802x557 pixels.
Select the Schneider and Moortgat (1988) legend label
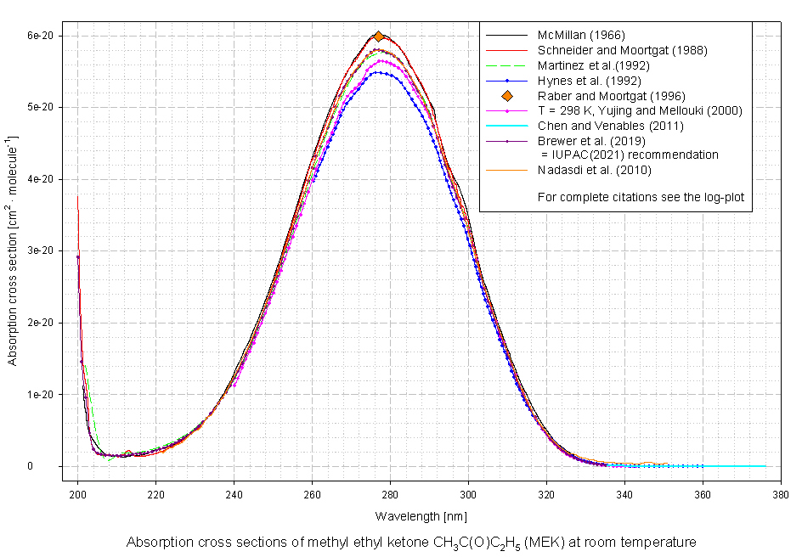tap(622, 50)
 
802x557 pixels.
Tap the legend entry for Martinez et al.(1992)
tap(594, 65)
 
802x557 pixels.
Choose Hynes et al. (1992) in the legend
tap(589, 81)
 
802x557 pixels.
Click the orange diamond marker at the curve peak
tap(379, 37)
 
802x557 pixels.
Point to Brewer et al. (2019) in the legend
tap(591, 141)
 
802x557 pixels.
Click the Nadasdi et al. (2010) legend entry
tap(594, 171)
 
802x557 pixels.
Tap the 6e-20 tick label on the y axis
tap(40, 36)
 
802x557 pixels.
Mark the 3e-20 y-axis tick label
tap(40, 251)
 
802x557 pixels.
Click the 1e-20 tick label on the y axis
tap(40, 395)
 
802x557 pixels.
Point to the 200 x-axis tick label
tap(77, 496)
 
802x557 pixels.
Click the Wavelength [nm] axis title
tap(421, 516)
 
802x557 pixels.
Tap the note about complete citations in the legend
tap(640, 197)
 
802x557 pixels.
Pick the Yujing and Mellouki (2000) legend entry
tap(640, 110)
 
